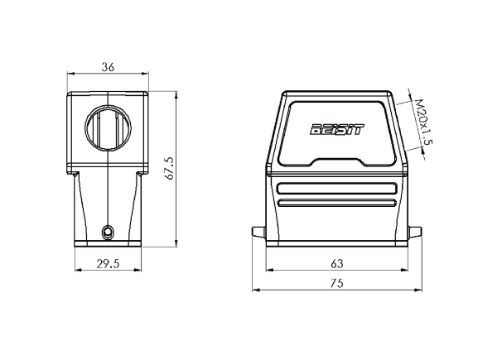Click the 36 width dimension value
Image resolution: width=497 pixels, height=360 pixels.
108,67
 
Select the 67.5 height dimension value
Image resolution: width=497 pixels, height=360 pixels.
170,169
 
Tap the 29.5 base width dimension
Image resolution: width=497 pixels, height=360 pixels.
108,263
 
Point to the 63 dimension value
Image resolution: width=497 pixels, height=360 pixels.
336,263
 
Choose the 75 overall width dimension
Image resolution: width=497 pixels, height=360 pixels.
336,283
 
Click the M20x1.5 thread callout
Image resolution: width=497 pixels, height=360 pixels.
424,122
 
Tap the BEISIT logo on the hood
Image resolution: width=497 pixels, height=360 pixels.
337,129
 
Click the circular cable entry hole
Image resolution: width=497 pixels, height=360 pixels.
108,127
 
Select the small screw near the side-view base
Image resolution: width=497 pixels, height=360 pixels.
108,233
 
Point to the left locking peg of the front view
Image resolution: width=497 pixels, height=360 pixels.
258,232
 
